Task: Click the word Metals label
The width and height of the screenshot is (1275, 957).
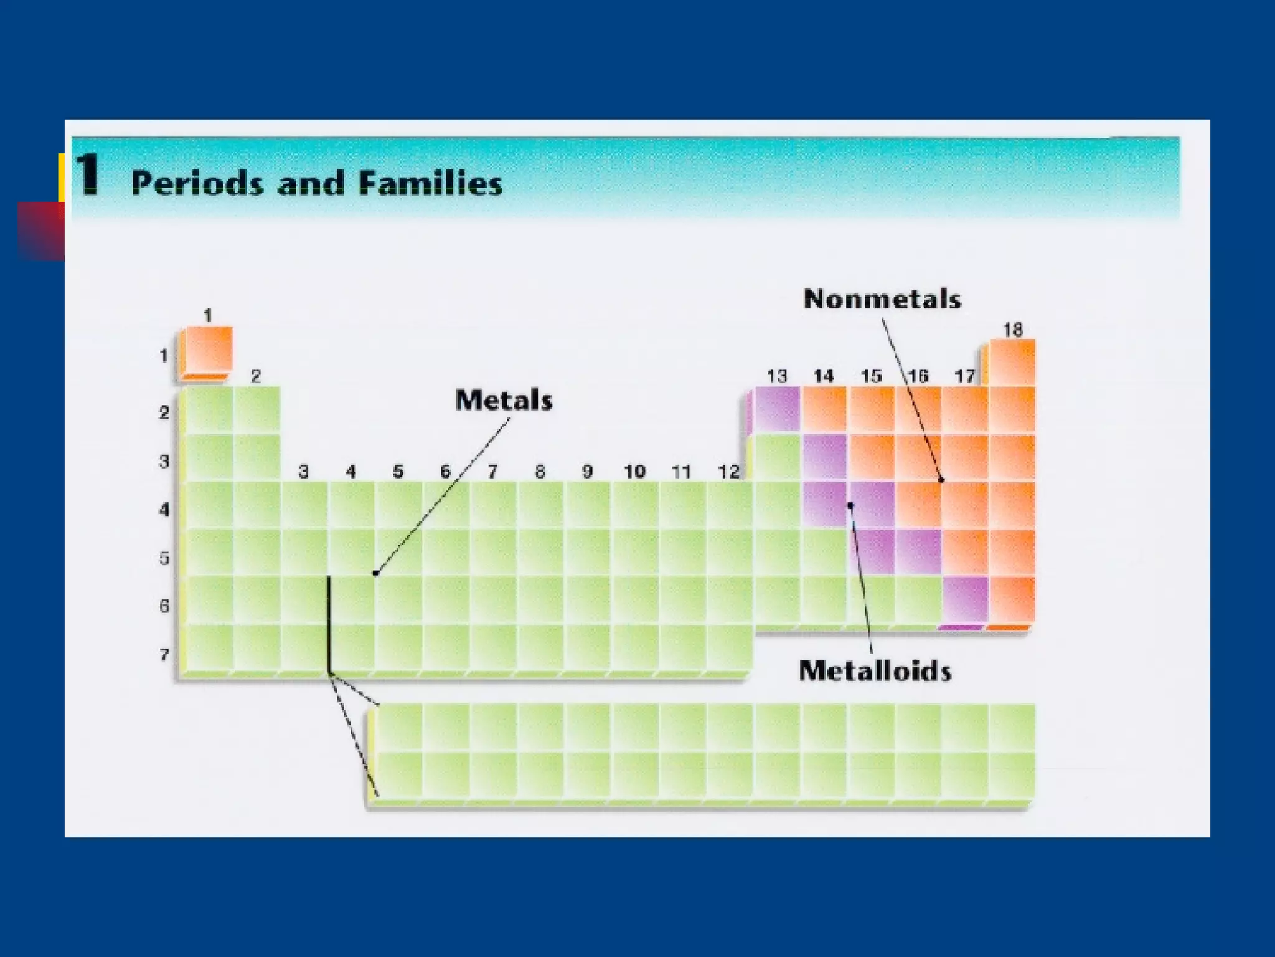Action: click(504, 400)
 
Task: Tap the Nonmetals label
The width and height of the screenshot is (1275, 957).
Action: click(882, 299)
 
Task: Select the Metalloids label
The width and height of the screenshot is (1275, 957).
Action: click(875, 671)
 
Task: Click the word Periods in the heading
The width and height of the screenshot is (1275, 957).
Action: click(197, 184)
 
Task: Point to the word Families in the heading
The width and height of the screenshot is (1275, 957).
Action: click(431, 184)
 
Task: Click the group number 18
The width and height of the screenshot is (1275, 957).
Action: click(1012, 330)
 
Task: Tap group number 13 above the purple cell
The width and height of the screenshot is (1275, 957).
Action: click(776, 376)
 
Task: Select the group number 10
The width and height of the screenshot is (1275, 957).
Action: click(634, 472)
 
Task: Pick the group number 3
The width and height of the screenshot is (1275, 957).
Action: click(304, 472)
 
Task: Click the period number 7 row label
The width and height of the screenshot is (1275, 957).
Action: click(164, 654)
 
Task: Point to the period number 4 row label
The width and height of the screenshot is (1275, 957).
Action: click(164, 510)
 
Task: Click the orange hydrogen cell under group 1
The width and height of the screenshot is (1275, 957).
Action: click(207, 350)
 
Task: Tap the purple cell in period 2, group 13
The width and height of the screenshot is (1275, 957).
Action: click(776, 409)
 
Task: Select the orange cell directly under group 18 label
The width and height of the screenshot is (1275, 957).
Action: click(1012, 363)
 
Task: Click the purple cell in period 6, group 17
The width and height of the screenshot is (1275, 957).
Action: click(965, 599)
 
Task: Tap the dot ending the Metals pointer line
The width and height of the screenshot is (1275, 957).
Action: click(375, 573)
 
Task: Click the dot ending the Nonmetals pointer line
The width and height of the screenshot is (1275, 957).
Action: click(941, 480)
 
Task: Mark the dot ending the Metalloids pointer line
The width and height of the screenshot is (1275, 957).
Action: click(851, 506)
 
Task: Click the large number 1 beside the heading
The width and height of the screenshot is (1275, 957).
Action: click(87, 174)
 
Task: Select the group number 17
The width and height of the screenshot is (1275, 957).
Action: click(964, 376)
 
